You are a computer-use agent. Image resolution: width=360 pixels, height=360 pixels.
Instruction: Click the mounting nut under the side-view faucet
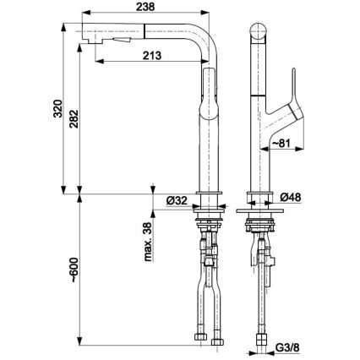click(209, 223)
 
